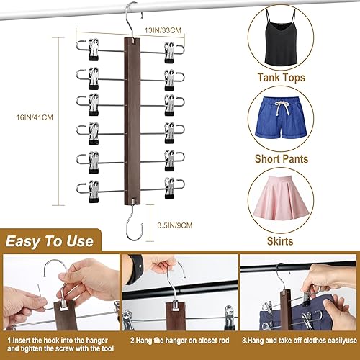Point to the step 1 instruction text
(x=60, y=343)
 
